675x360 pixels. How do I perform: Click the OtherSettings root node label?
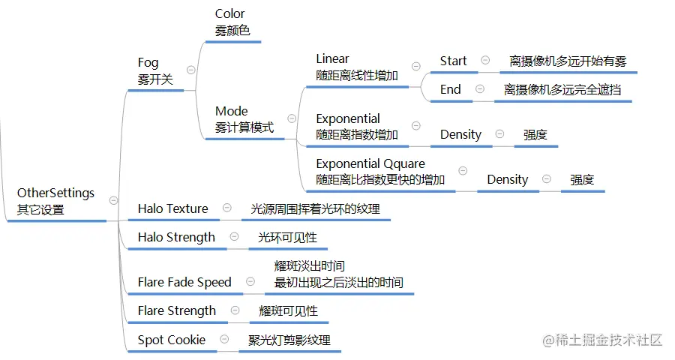(x=56, y=201)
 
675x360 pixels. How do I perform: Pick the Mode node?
(x=244, y=119)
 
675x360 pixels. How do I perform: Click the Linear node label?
(x=356, y=67)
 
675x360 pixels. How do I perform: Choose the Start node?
(x=453, y=61)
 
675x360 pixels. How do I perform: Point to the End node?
(x=451, y=89)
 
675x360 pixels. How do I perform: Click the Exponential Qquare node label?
(x=380, y=172)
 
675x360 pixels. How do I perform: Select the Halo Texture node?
(x=172, y=208)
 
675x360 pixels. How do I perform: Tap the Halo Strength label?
(x=176, y=237)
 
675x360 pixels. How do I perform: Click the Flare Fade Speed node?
(x=184, y=282)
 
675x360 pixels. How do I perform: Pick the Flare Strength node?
(x=176, y=310)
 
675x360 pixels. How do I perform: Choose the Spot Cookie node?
(x=171, y=340)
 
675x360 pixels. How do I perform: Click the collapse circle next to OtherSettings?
(x=113, y=199)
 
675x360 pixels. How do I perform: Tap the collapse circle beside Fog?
(x=190, y=70)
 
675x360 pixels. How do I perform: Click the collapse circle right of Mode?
(x=292, y=118)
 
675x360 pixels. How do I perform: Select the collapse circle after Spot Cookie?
(x=223, y=339)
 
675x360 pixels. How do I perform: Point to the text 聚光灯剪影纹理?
(x=289, y=340)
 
